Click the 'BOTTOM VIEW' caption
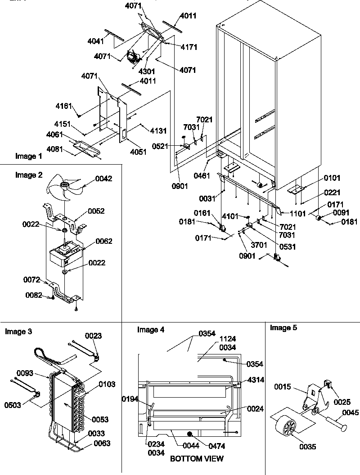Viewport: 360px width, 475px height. (196, 459)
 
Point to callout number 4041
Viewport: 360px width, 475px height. (96, 41)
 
